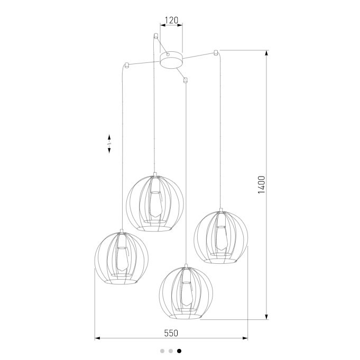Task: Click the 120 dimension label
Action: (171, 20)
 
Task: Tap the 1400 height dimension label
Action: (262, 184)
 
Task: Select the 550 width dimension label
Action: (171, 333)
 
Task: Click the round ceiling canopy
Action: (171, 60)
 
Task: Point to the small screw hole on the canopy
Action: (168, 54)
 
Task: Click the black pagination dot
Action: (179, 351)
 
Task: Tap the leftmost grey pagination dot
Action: (162, 351)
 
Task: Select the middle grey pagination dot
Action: (171, 351)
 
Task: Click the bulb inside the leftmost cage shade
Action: (122, 259)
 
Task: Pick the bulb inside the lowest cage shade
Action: (187, 293)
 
